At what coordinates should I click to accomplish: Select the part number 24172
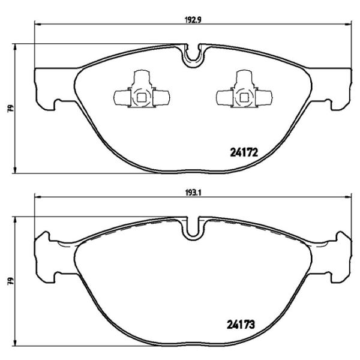click(x=244, y=152)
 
